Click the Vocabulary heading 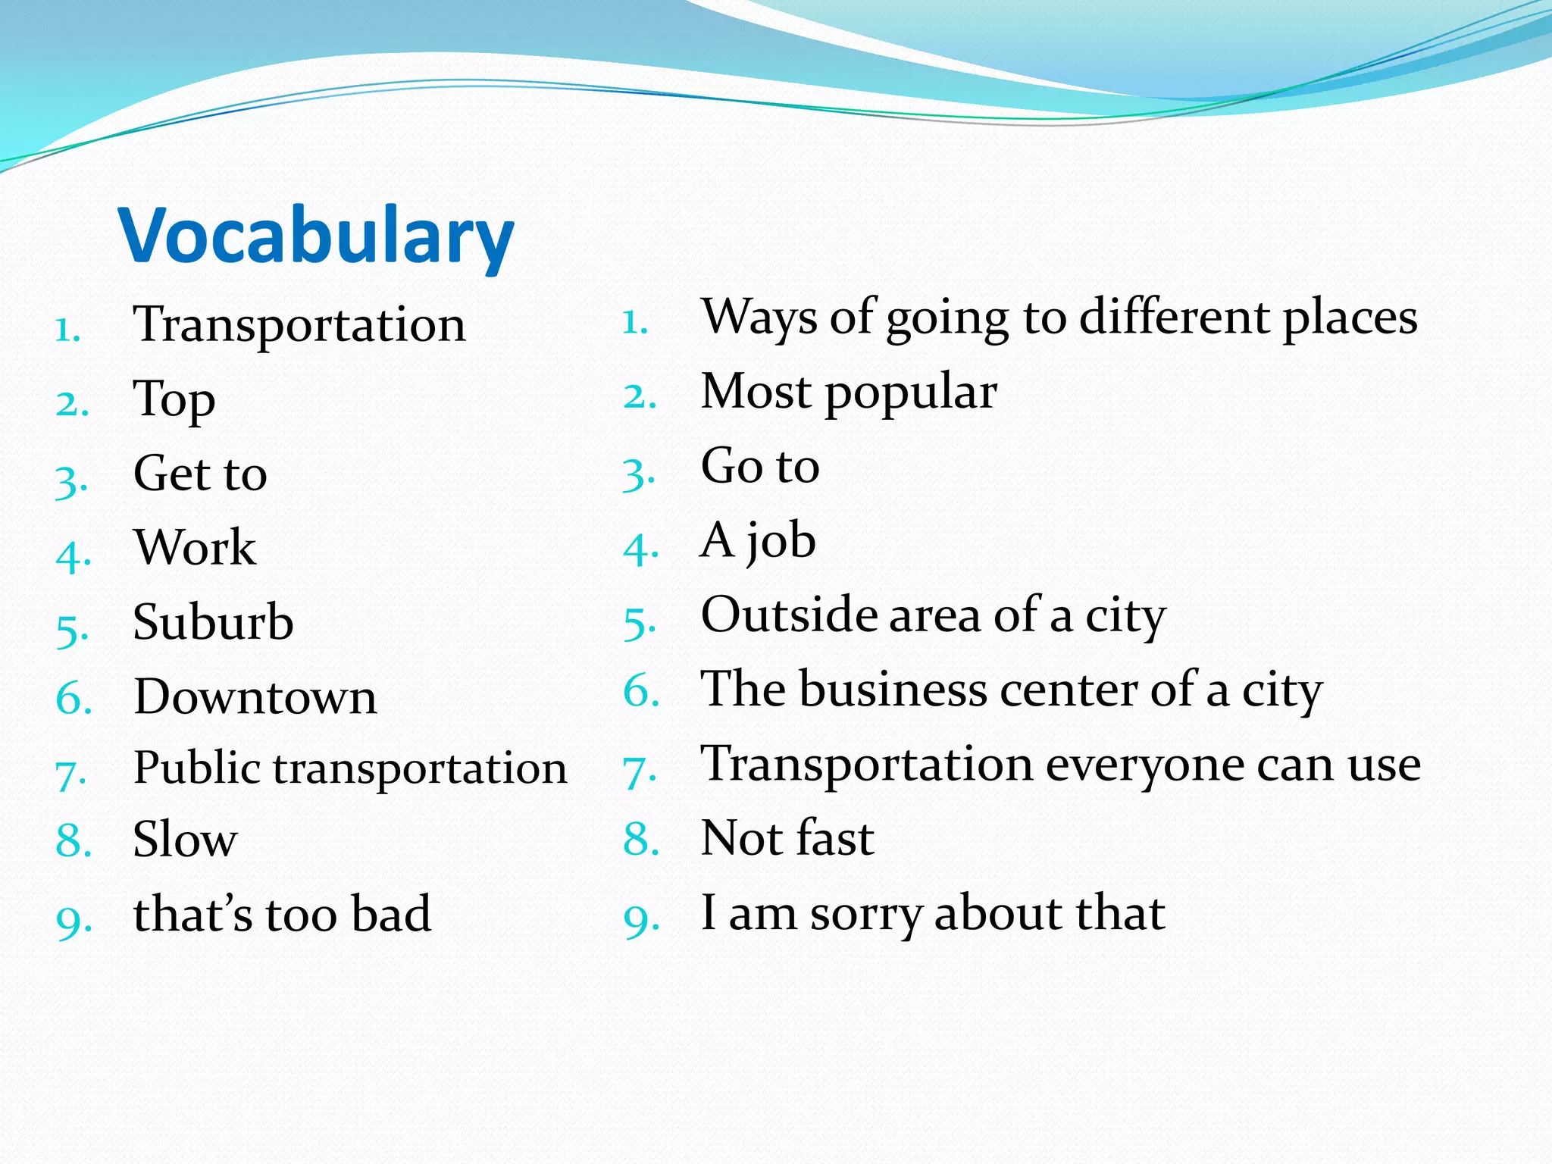click(316, 236)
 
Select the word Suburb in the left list click(213, 622)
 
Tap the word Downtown click(255, 696)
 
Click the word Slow click(185, 840)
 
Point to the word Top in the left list click(174, 399)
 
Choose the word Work click(195, 548)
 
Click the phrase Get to click(200, 474)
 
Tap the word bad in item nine click(391, 914)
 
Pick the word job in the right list click(781, 542)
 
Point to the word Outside click(788, 615)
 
